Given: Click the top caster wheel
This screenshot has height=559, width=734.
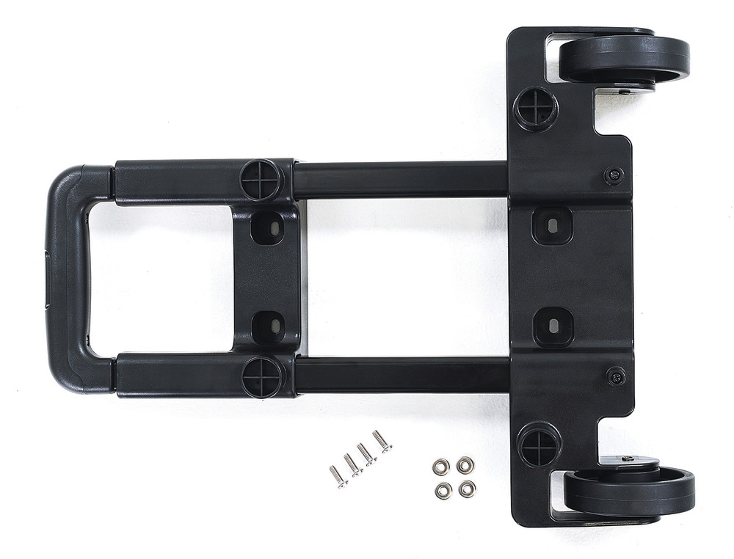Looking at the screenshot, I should pos(624,59).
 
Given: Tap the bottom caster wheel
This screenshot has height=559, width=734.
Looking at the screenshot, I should pos(629,492).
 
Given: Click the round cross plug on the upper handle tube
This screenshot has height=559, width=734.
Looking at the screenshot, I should pos(261,180).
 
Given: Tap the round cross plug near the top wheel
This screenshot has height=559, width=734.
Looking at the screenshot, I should pos(536,109).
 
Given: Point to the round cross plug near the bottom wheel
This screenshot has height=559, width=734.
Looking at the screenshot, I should pos(539,445).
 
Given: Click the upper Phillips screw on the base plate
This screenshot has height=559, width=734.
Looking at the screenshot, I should pos(614,175).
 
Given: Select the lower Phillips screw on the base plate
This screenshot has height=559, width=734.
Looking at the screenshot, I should pos(617,376).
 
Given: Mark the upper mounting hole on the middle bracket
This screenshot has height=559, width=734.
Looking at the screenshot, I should pos(268,228).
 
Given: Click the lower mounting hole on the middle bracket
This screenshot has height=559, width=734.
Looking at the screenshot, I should pos(269,327).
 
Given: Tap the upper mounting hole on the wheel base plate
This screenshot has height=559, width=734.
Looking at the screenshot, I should pos(552,224).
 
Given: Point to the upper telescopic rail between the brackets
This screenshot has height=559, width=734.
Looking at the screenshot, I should pos(400,180).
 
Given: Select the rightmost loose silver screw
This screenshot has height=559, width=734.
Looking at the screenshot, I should pos(382,441).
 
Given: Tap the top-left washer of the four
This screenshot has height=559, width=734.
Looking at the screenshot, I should pos(440,467).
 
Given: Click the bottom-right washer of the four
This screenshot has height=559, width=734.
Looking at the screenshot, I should pos(467,489).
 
